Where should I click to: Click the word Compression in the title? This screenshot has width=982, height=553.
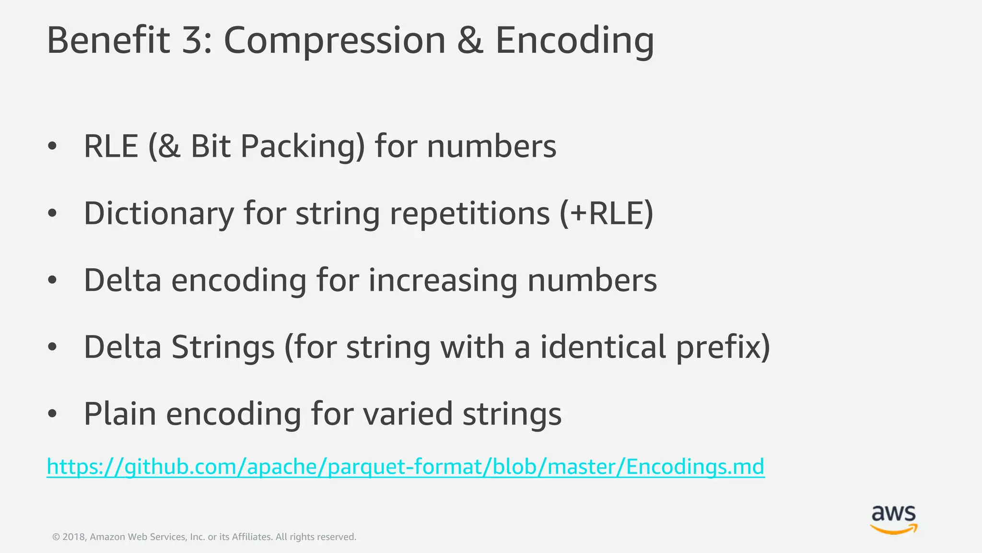[x=335, y=41]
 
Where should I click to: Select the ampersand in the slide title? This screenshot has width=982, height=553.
[x=470, y=40]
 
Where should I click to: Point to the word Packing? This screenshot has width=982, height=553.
[x=303, y=146]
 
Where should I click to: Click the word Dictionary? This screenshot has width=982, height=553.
[x=158, y=214]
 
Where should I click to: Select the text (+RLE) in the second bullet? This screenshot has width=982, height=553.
[x=606, y=213]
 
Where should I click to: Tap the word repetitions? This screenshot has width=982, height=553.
[x=469, y=214]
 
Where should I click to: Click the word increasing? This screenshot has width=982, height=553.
[x=443, y=280]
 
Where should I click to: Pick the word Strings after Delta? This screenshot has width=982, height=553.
[x=223, y=347]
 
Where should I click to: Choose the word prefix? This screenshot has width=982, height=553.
[x=723, y=348]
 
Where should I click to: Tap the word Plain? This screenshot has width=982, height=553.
[x=120, y=413]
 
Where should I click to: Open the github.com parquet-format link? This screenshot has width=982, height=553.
[x=405, y=467]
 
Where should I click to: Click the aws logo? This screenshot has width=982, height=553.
[x=893, y=519]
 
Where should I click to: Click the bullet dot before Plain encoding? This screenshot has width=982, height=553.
[x=52, y=413]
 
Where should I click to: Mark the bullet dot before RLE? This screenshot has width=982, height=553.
[x=52, y=146]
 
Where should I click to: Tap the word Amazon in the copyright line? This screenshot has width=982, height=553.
[x=107, y=537]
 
